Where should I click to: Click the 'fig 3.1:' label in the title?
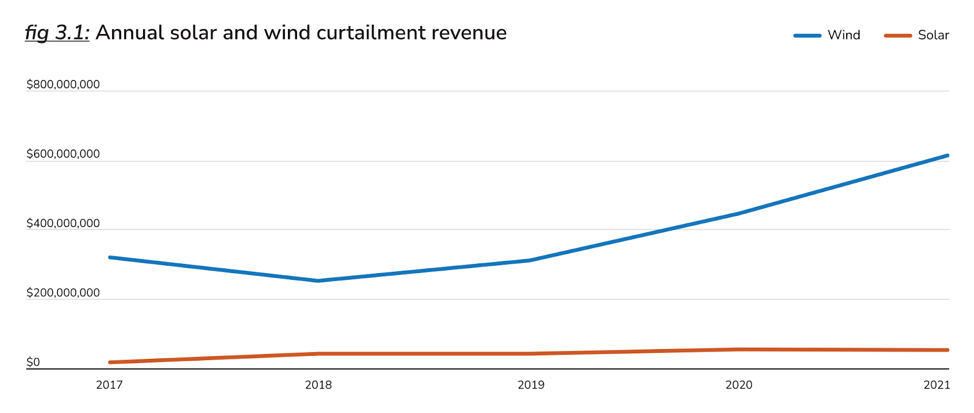57,33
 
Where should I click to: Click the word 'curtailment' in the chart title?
371,33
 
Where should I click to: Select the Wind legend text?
844,35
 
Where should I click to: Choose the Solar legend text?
933,35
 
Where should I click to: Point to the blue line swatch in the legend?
807,36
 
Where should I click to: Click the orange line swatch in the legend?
898,36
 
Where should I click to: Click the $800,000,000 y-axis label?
63,85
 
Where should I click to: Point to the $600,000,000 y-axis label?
63,154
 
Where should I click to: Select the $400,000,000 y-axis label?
63,223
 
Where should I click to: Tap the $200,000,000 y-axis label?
63,293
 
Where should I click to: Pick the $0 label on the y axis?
33,363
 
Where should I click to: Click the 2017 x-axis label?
110,385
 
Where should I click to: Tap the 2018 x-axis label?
318,385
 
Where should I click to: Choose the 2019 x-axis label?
531,385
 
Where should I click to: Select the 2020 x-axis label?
739,385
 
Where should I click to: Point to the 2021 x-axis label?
936,385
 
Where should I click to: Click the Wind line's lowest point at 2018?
318,280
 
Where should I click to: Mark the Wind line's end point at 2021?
947,156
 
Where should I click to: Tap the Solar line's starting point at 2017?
110,363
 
